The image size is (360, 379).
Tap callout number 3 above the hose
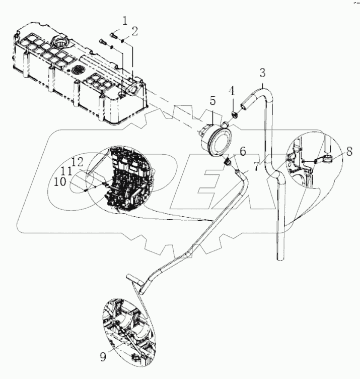tap(262, 72)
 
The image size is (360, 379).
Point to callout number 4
tap(231, 91)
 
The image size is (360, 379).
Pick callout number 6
tap(242, 150)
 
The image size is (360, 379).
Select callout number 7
tap(257, 166)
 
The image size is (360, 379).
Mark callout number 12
tap(77, 162)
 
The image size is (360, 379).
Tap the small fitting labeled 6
tap(228, 161)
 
